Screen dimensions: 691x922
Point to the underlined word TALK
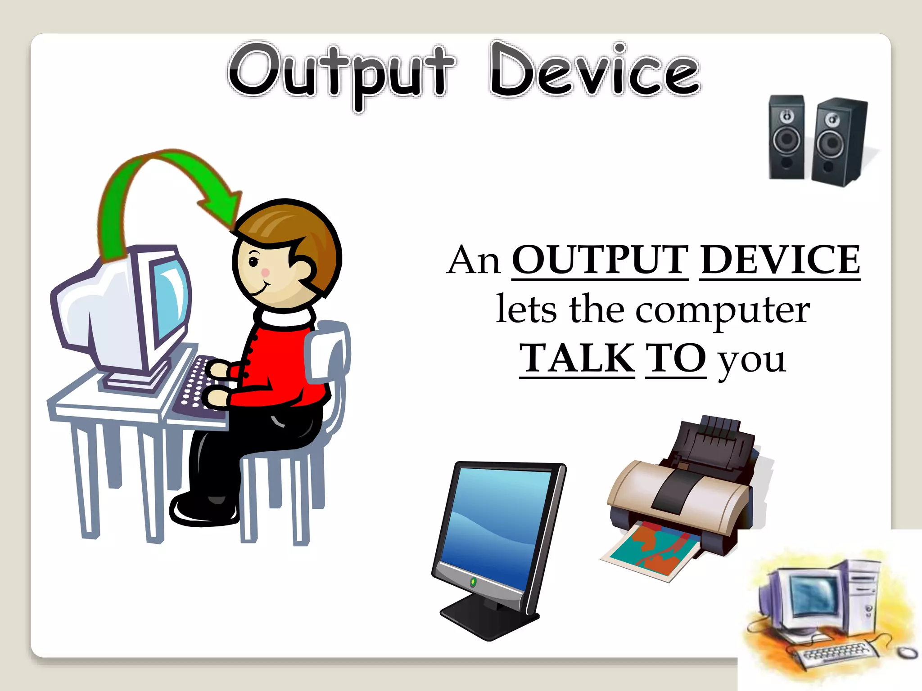577,359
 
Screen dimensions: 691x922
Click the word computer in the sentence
723,310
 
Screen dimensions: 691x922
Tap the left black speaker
786,137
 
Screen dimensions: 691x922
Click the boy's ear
303,268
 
